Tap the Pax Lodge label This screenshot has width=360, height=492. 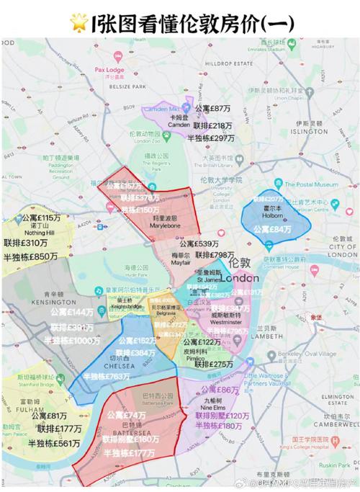tap(109, 70)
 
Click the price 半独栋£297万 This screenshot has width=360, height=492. tap(211, 137)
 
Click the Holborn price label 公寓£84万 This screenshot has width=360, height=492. tap(273, 228)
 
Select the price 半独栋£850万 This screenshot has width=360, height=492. tap(30, 256)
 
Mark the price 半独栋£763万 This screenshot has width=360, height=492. tap(108, 376)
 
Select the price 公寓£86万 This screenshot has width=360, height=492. tap(218, 390)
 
